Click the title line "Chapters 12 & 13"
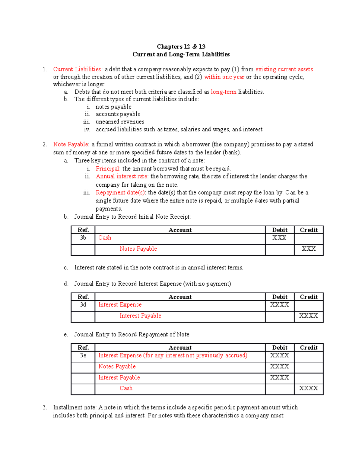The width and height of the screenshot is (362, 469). (x=181, y=47)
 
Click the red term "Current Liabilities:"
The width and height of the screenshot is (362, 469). (x=78, y=69)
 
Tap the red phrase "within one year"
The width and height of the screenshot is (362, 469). (x=224, y=77)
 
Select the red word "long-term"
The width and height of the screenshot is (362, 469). (x=224, y=92)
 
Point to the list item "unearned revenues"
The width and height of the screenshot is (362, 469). (x=120, y=122)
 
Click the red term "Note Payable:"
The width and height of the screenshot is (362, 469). (x=71, y=144)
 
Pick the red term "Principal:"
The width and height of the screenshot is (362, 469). (x=108, y=169)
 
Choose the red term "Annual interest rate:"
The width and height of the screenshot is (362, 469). (x=122, y=176)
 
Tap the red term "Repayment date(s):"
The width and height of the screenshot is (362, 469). (x=121, y=193)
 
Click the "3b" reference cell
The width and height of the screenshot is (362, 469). (x=83, y=238)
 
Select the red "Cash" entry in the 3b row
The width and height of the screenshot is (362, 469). (x=105, y=238)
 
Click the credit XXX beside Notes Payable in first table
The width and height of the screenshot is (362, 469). (x=309, y=249)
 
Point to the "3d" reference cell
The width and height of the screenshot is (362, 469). (x=83, y=305)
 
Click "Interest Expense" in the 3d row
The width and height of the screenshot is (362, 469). (x=120, y=305)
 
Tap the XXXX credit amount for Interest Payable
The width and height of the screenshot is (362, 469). (x=308, y=316)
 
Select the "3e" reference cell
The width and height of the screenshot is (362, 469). (x=83, y=355)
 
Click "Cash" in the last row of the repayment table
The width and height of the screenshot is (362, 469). (x=126, y=388)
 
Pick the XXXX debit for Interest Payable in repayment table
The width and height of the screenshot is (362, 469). (x=279, y=377)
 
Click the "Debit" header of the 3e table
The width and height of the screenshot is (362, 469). (x=280, y=348)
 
